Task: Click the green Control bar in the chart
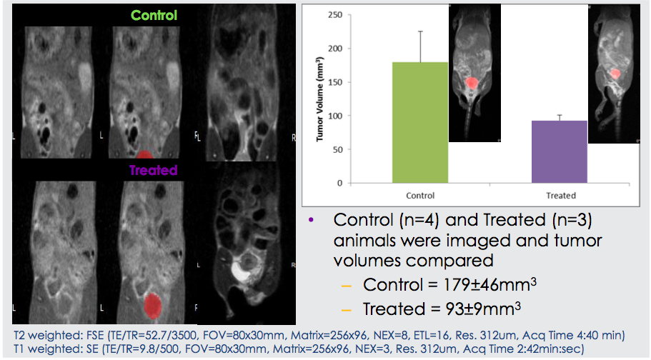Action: coord(420,122)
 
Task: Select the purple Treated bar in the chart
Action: coord(560,152)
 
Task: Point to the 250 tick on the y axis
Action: coord(335,15)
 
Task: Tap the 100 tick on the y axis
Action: coord(335,116)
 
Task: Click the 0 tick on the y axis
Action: coord(340,183)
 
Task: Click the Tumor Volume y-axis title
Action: coord(319,99)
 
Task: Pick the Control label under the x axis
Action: coord(420,196)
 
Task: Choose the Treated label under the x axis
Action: coord(561,196)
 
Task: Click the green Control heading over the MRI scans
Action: coord(154,16)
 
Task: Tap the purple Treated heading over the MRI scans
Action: coord(153,170)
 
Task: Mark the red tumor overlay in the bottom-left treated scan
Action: coord(153,306)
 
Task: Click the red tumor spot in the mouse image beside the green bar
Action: coord(471,83)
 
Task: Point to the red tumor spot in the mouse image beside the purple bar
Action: coord(615,74)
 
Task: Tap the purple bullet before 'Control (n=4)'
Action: coord(312,220)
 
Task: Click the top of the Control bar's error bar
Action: coord(421,31)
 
